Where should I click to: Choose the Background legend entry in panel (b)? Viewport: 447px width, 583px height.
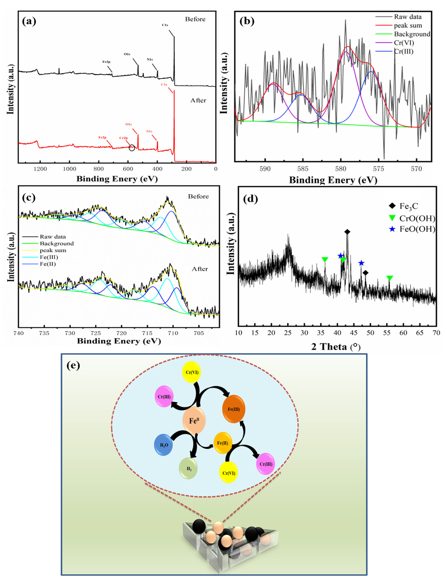click(412, 34)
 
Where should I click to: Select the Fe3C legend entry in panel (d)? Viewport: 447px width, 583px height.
click(408, 206)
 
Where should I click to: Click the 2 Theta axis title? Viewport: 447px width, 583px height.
click(336, 347)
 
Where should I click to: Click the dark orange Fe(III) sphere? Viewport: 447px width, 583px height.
click(234, 409)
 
